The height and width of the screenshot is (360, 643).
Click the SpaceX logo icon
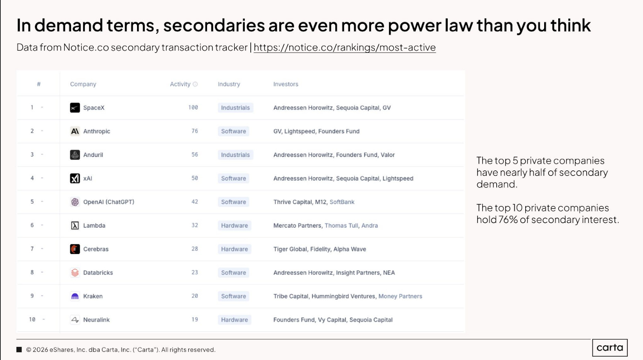tap(75, 108)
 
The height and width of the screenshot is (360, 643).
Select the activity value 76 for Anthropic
tap(195, 131)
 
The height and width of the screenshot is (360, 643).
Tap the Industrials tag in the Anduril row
tap(235, 155)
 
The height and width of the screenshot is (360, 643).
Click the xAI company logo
tap(75, 178)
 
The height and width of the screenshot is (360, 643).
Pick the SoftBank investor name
tap(342, 202)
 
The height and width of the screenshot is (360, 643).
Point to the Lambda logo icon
tap(75, 225)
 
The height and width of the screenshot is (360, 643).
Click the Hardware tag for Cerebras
tap(235, 249)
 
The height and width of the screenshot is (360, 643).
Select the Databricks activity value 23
tap(195, 272)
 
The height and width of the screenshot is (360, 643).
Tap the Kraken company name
tap(93, 296)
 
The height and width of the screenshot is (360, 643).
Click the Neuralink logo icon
tap(75, 319)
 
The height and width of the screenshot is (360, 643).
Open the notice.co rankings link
tap(344, 47)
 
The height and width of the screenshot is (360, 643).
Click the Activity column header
tap(180, 84)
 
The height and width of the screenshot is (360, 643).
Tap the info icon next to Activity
tap(195, 84)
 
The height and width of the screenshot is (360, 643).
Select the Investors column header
tap(286, 84)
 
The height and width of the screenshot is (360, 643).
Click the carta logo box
tap(610, 348)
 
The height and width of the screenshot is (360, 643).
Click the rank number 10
tap(32, 319)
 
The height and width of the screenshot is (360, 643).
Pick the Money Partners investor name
tap(400, 296)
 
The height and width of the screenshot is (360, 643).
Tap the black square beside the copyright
tap(19, 350)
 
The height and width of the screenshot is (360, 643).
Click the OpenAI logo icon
tap(75, 202)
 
